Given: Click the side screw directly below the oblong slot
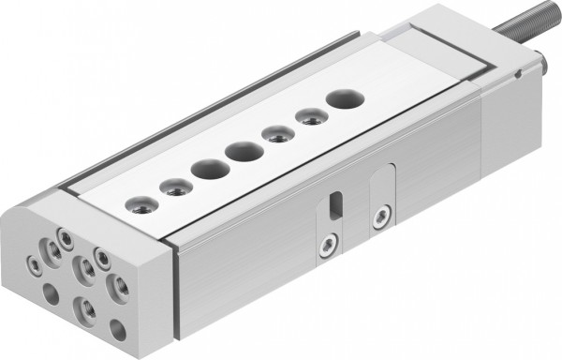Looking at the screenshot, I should coord(326,246).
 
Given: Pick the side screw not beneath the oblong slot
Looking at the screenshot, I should coord(379,220).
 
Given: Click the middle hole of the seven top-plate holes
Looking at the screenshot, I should coord(243,150).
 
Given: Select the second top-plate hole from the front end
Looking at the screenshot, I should coord(173,187).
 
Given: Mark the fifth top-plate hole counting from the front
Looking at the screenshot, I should coord(274,133).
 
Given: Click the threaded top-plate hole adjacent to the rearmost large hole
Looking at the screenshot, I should coord(307,116).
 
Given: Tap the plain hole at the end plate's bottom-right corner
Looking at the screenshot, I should coord(117,330).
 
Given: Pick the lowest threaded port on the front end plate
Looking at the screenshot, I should coord(83,308).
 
